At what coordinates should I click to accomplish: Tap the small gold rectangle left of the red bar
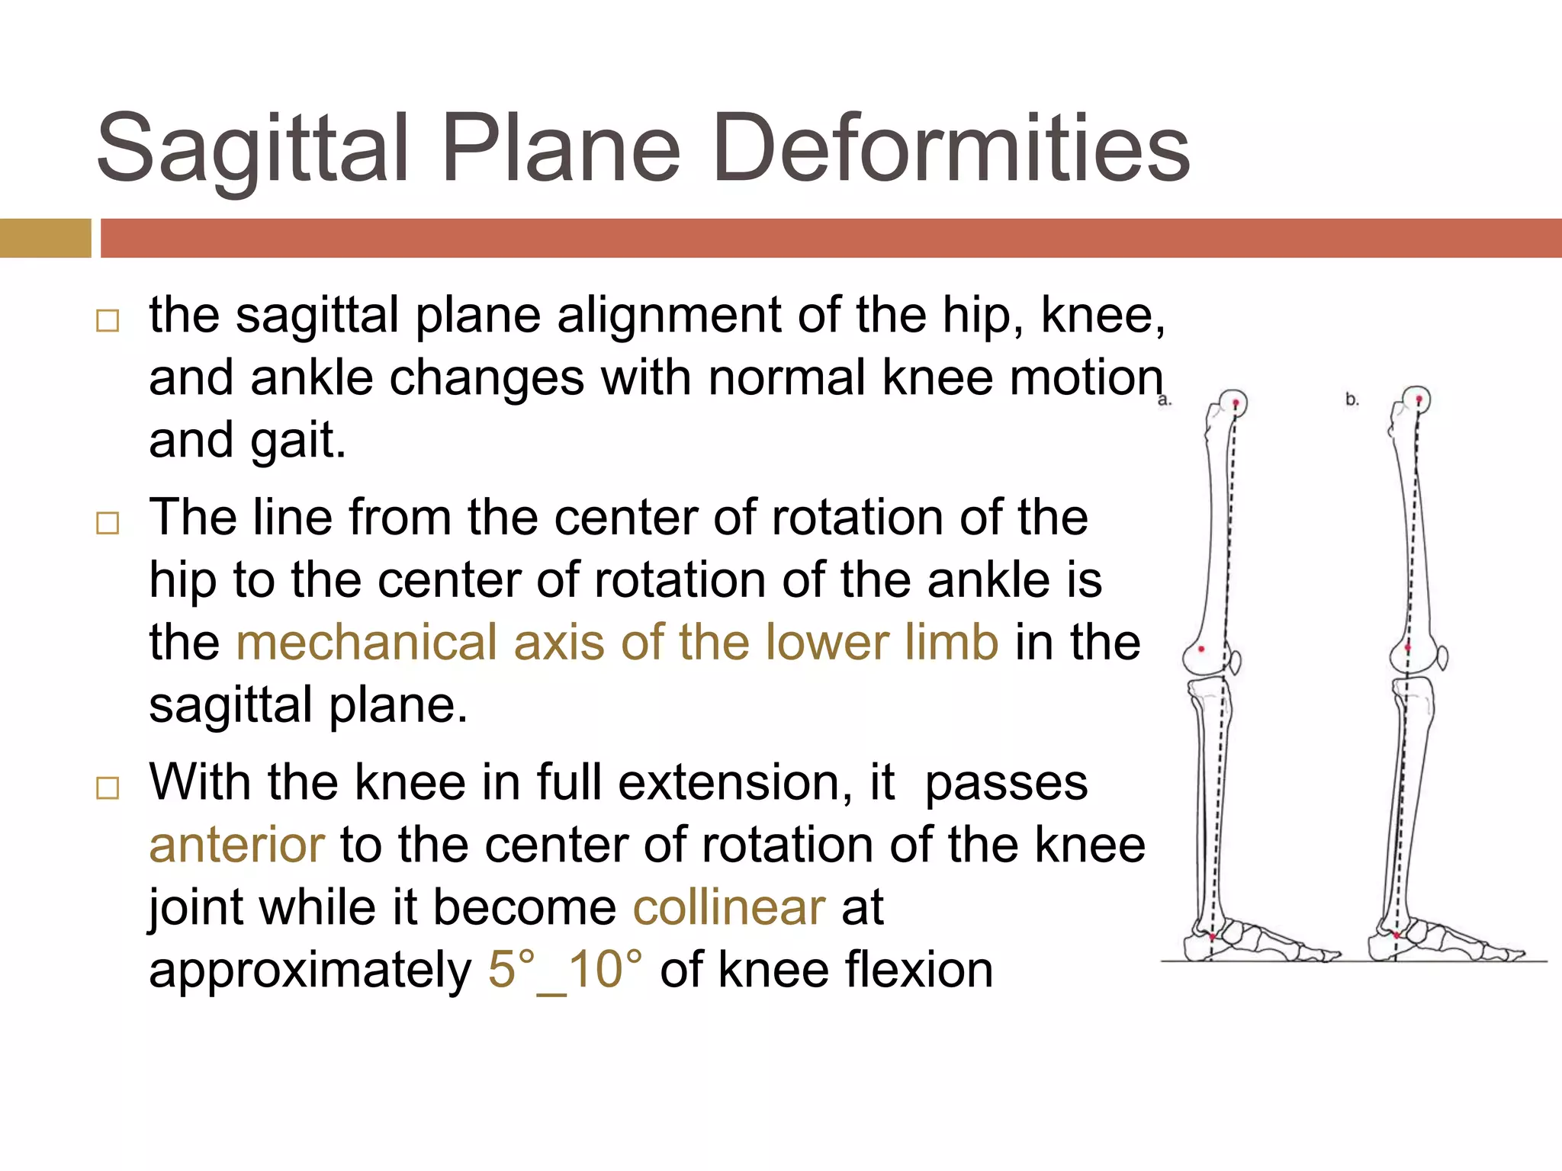tap(45, 238)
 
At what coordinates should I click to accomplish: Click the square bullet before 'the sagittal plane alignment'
tap(108, 320)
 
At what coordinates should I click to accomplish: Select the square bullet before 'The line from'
tap(108, 523)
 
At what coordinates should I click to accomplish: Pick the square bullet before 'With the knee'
tap(108, 788)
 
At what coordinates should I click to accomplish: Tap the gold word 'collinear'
tap(729, 907)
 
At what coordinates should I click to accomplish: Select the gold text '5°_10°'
tap(564, 970)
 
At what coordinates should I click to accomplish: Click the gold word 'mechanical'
tap(366, 642)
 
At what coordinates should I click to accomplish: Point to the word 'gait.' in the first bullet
tap(297, 441)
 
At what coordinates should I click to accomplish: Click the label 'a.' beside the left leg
tap(1164, 400)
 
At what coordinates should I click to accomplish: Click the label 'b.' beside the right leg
tap(1352, 399)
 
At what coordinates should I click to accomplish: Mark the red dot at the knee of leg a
tap(1202, 649)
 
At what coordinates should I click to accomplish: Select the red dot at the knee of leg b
tap(1408, 648)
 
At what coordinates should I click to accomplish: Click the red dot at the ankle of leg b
tap(1396, 935)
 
